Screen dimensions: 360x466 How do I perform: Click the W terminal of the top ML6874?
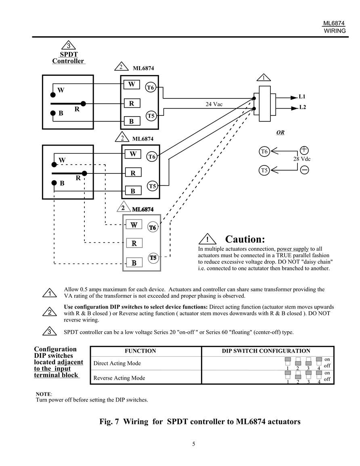click(x=132, y=84)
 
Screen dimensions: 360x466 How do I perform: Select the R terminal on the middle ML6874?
click(x=133, y=173)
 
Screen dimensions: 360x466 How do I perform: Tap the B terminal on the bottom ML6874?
click(x=134, y=263)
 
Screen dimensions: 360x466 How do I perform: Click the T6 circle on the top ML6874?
click(x=151, y=88)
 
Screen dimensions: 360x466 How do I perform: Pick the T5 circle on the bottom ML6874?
click(x=153, y=258)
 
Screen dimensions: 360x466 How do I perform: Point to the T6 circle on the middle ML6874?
click(x=152, y=157)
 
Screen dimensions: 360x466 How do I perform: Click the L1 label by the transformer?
click(x=302, y=96)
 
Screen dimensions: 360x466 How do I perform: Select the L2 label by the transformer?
click(x=302, y=107)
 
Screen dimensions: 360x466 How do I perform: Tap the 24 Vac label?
click(x=214, y=104)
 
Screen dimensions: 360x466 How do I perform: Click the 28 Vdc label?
click(x=302, y=159)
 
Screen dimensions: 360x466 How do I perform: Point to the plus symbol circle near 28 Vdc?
click(x=304, y=150)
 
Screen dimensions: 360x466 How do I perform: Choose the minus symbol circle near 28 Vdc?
click(x=304, y=170)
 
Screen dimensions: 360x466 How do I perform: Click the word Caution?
click(x=245, y=239)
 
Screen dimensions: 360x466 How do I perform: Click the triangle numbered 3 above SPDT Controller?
click(x=69, y=45)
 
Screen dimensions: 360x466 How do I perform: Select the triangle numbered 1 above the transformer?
click(x=264, y=77)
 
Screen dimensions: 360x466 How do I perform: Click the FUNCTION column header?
click(x=140, y=351)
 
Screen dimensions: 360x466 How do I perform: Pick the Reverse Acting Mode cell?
click(x=119, y=378)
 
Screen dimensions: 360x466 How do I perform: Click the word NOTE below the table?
click(x=44, y=394)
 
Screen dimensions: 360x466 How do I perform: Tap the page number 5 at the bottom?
click(x=194, y=444)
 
